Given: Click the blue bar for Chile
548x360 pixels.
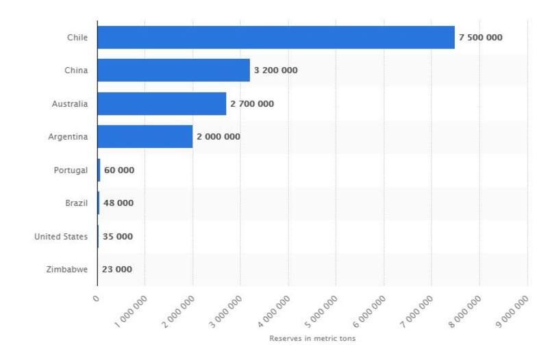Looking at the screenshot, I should click(x=275, y=37).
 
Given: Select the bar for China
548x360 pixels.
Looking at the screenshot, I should click(x=173, y=70).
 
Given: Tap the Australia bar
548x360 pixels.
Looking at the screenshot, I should click(x=161, y=103).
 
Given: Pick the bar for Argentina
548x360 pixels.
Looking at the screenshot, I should click(x=145, y=137).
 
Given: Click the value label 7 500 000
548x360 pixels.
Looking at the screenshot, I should click(x=480, y=37).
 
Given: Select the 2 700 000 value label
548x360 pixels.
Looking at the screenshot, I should click(x=251, y=104).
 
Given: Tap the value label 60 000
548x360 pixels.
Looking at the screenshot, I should click(x=119, y=170).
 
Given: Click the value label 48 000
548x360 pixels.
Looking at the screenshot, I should click(x=118, y=203).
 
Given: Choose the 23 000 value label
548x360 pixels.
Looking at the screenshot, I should click(x=116, y=270).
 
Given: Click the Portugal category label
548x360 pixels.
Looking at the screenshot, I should click(x=71, y=170).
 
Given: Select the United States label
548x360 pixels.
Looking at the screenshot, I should click(x=61, y=237).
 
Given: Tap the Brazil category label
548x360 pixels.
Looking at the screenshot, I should click(x=75, y=203).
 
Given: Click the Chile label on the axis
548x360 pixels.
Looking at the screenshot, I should click(x=76, y=37).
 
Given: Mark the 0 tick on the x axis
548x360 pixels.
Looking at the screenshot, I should click(x=97, y=298).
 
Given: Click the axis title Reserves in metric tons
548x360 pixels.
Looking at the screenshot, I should click(x=312, y=339).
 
